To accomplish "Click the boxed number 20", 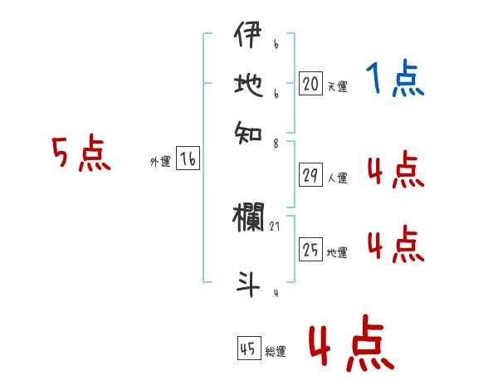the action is click(310, 84).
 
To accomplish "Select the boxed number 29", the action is click(310, 175).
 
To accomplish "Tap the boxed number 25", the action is click(310, 250).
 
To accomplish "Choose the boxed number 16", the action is click(188, 159).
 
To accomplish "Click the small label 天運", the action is click(337, 86).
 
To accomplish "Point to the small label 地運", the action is click(337, 252).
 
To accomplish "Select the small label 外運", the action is click(160, 162).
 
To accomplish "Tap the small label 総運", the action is click(276, 351).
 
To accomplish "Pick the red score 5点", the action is click(81, 155).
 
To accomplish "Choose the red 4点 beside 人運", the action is click(395, 170).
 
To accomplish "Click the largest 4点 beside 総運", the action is click(351, 346).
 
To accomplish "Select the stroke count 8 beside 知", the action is click(276, 142).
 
